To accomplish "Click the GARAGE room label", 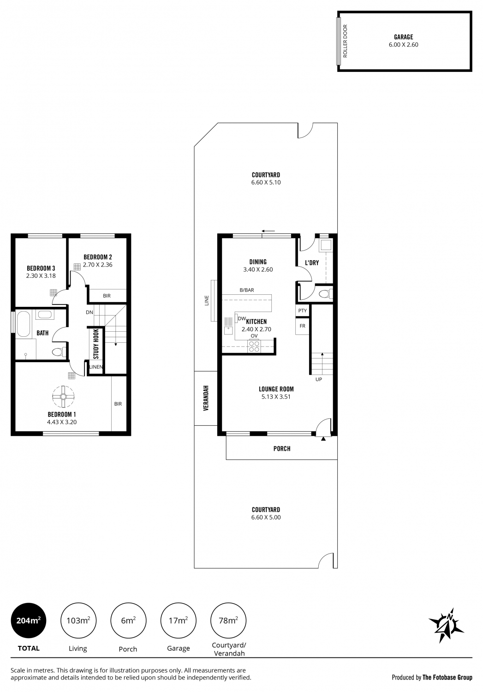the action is (x=403, y=37).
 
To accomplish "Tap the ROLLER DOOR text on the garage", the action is (x=345, y=41).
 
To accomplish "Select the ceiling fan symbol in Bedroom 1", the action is (x=63, y=397).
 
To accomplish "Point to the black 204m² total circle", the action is (x=29, y=620).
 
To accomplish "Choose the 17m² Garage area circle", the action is (x=178, y=620).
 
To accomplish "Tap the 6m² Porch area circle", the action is (x=128, y=620).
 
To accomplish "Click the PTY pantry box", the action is (x=302, y=310).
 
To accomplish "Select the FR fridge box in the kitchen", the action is (x=302, y=326).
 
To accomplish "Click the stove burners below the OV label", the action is (x=254, y=346).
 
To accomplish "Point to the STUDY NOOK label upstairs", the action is (x=96, y=344).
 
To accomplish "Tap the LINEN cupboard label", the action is (x=96, y=367).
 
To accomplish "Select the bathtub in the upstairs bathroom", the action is (x=23, y=324).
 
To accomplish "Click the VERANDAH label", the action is (x=206, y=398).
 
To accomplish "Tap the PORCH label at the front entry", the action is (x=282, y=448).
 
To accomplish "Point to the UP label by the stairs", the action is (x=319, y=379).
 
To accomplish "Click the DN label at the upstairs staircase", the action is (x=89, y=312).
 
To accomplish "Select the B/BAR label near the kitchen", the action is (x=247, y=290).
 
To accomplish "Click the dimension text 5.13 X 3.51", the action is (x=276, y=397).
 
